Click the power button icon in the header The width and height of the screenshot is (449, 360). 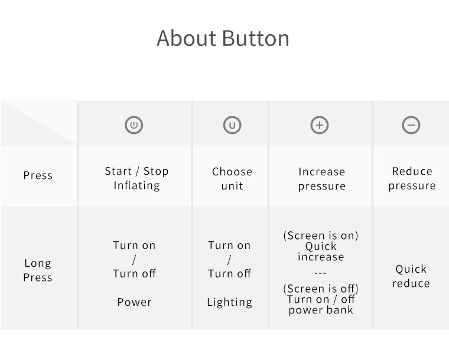tap(134, 125)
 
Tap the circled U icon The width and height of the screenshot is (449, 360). tap(232, 125)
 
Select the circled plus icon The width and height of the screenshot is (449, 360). tap(320, 125)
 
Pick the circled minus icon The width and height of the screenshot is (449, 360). tap(411, 125)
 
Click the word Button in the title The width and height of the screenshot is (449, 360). tap(255, 38)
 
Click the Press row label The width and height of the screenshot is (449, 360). tap(38, 175)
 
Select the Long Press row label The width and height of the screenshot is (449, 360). tap(38, 270)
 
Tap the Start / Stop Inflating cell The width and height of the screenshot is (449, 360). tap(136, 178)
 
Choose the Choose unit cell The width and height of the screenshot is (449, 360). tap(232, 179)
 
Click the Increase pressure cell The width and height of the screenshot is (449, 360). tap(322, 179)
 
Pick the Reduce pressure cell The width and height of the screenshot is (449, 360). tap(412, 178)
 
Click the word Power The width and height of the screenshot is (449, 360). tap(134, 302)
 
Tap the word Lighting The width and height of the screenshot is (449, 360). tap(230, 302)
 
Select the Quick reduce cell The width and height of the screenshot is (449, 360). tap(411, 276)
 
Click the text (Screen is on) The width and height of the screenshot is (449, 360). tap(321, 235)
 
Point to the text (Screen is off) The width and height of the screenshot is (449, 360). tap(321, 289)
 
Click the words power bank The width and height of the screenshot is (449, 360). tap(321, 310)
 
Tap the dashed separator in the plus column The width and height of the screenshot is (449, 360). tap(320, 273)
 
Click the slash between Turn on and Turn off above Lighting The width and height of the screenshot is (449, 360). tap(229, 260)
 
